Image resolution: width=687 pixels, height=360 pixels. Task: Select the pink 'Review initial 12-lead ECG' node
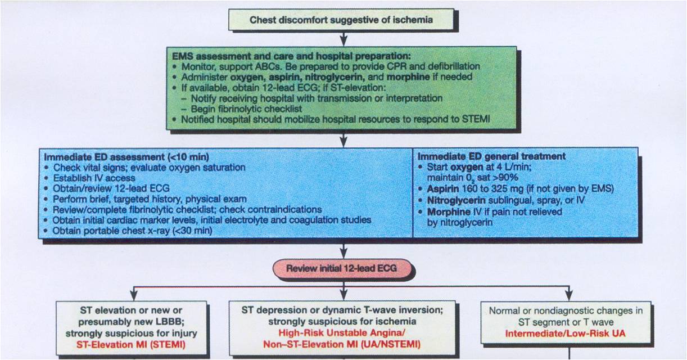(341, 268)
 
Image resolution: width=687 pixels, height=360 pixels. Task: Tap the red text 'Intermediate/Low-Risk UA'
(569, 333)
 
